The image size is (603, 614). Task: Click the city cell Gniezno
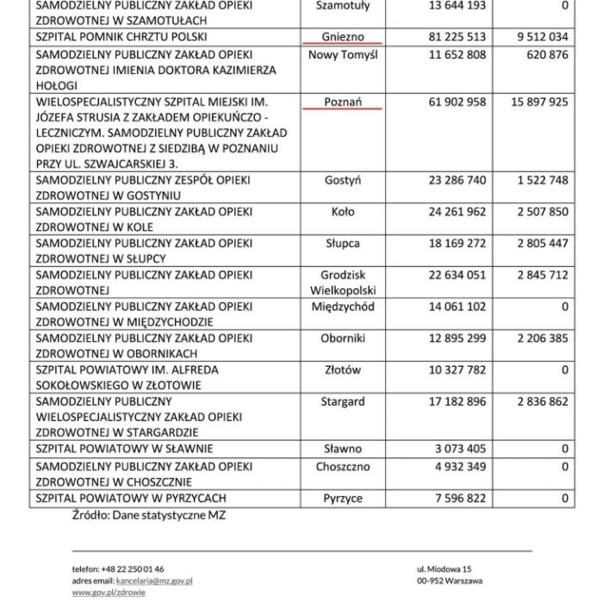point(342,37)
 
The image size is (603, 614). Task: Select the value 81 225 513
point(457,37)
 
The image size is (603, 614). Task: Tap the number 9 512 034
point(542,37)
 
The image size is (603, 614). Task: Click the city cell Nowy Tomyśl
point(342,55)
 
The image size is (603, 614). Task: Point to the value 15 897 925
point(539,102)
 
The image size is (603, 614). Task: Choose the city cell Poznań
point(342,102)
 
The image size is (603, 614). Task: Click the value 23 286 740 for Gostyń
point(457,181)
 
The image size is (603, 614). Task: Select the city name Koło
point(342,212)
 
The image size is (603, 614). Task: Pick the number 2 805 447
point(542,243)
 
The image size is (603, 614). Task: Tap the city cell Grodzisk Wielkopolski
point(342,282)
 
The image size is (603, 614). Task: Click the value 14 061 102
point(457,307)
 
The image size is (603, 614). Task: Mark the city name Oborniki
point(342,338)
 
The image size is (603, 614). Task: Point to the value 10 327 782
point(457,370)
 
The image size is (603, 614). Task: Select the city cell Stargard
point(342,401)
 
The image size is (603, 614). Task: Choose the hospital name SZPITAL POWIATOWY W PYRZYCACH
point(130,499)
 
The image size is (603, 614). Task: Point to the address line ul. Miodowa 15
point(444,569)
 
